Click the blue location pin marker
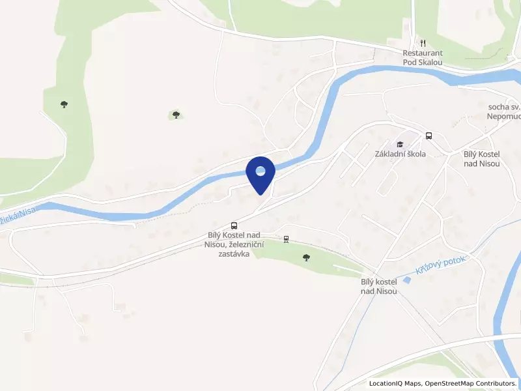click(x=260, y=174)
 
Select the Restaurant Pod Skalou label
click(x=423, y=57)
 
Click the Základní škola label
click(x=400, y=154)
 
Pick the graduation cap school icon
click(x=400, y=144)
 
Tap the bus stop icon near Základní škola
click(x=429, y=136)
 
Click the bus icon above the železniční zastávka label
click(x=234, y=225)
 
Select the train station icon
click(x=286, y=239)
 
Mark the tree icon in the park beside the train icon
click(x=306, y=257)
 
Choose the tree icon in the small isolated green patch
click(x=176, y=115)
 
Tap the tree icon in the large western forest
click(x=64, y=104)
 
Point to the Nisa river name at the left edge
click(x=18, y=213)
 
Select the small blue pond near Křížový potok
click(x=407, y=280)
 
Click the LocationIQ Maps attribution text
click(x=395, y=383)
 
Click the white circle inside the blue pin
click(x=260, y=171)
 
